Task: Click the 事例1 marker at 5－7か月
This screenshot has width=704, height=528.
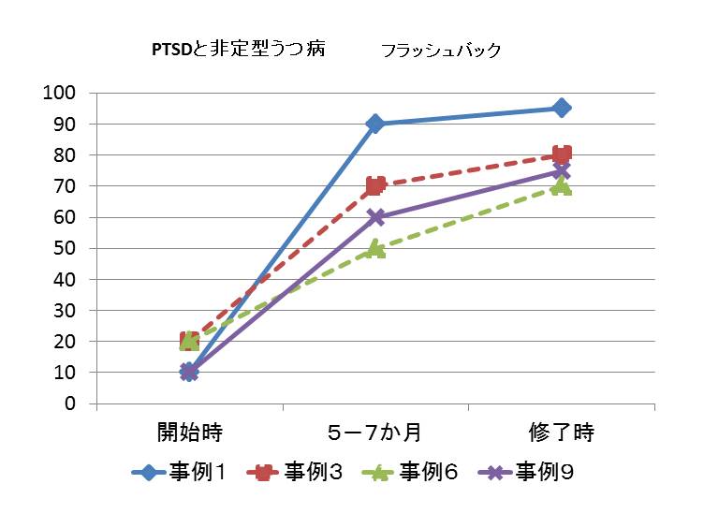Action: (375, 124)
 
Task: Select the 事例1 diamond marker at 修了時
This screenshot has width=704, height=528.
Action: (561, 108)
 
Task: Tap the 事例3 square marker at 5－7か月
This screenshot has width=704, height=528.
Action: (375, 185)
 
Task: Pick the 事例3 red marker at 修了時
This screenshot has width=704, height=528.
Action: (562, 154)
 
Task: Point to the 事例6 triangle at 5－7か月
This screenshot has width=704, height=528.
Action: (375, 248)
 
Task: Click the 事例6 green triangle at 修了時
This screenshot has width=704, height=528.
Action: (561, 185)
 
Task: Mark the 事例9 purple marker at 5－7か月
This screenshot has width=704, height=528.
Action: (375, 217)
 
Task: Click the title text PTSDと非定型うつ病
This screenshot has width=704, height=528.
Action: (239, 51)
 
